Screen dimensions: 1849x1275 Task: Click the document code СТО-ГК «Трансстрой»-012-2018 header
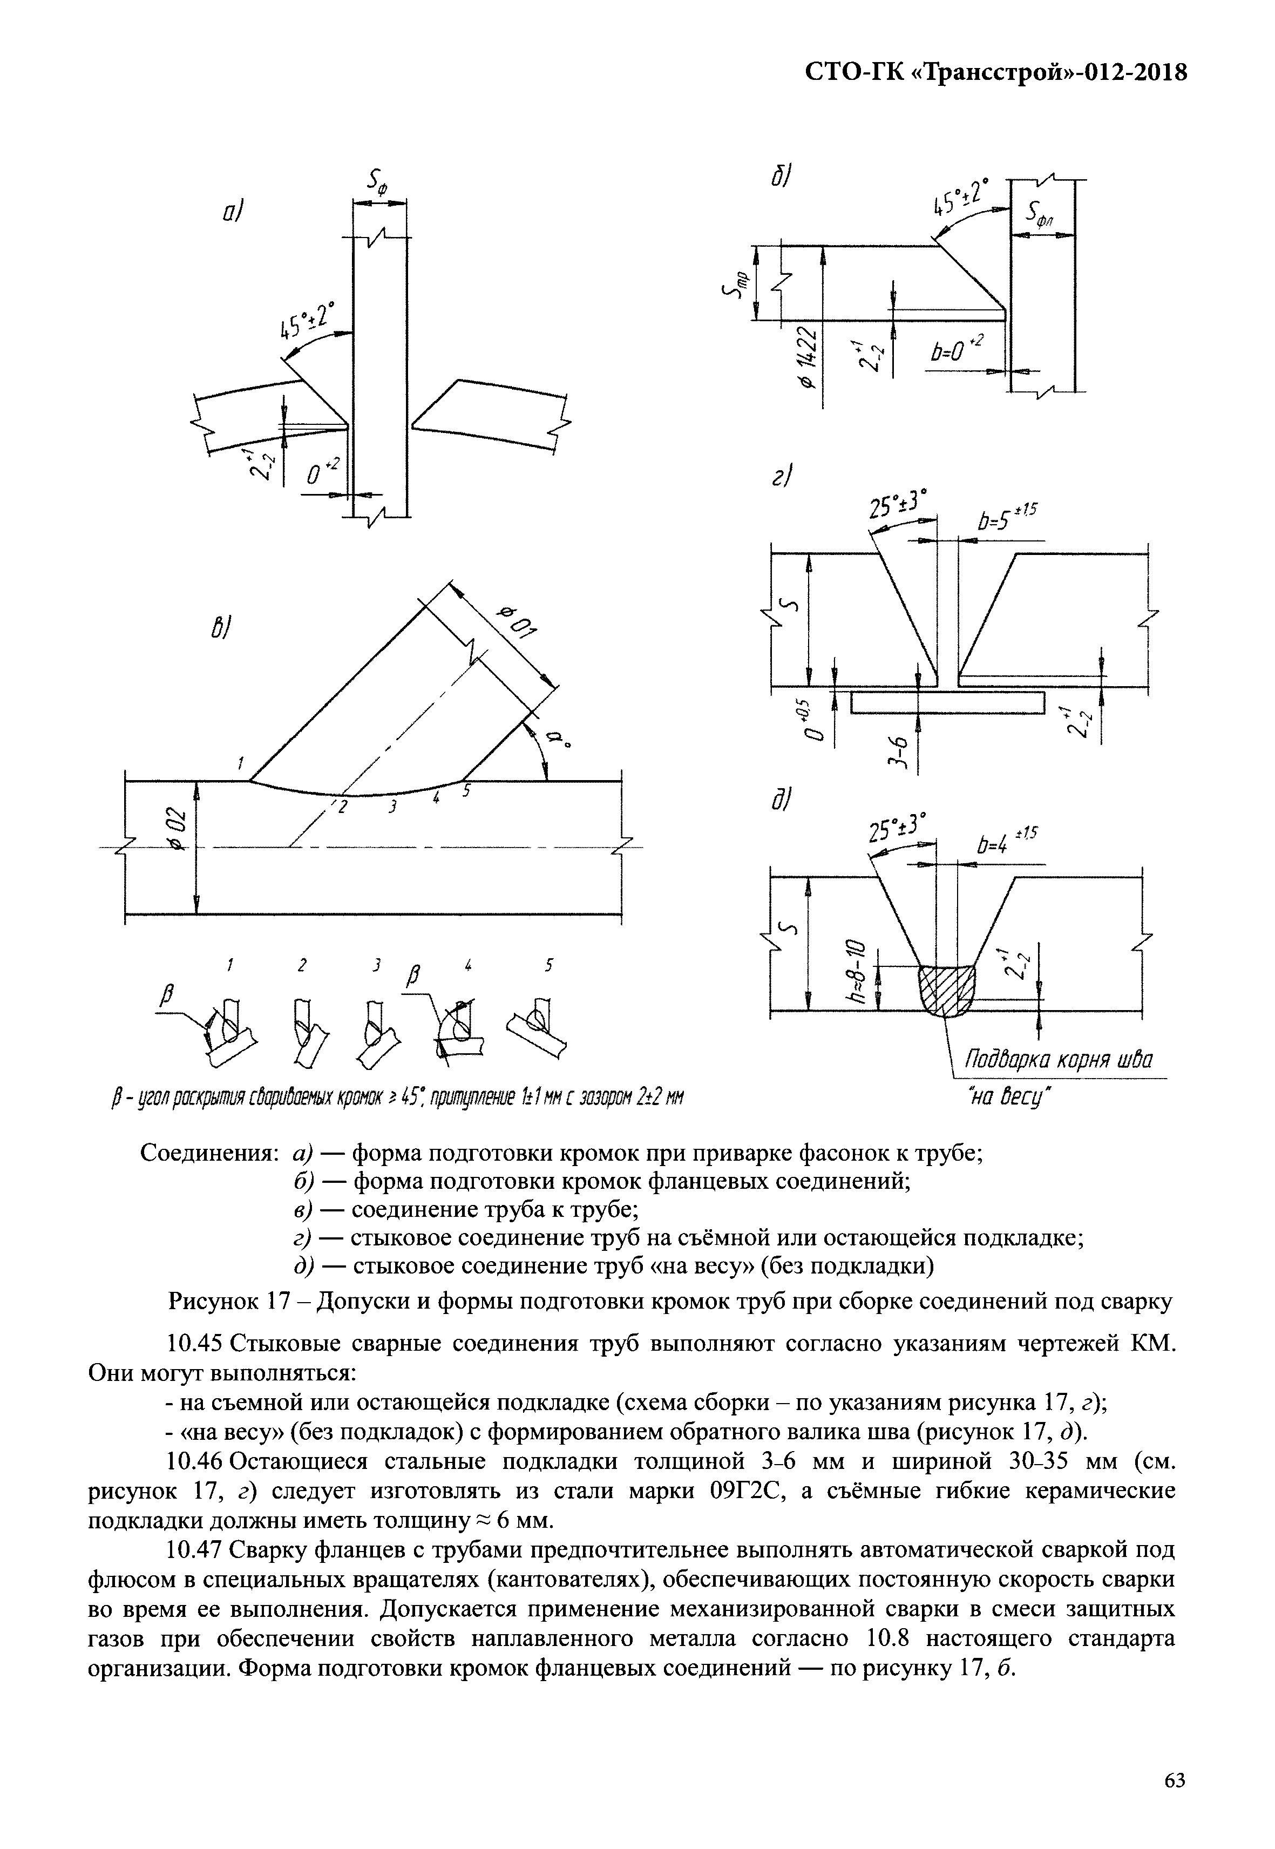tap(995, 73)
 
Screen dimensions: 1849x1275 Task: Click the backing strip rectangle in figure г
tap(947, 703)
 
